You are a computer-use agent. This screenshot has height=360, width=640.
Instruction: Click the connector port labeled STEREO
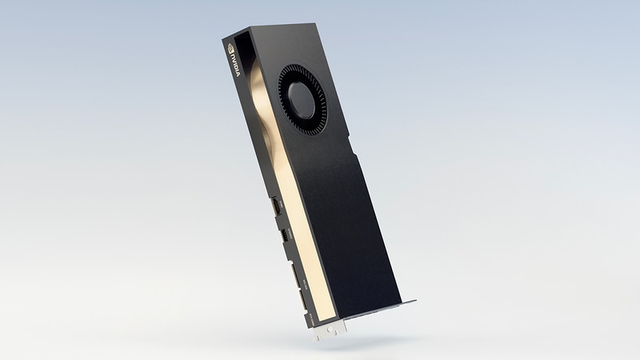pyautogui.click(x=285, y=236)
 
